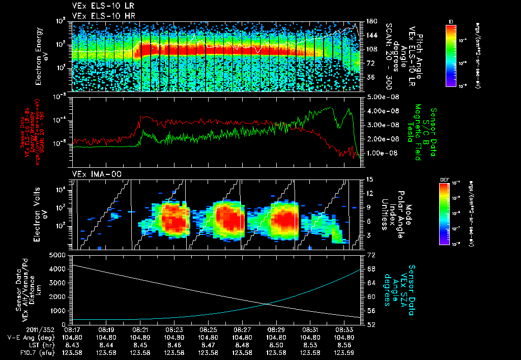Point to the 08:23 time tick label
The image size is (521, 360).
point(175,329)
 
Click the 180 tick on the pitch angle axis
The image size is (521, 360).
point(371,21)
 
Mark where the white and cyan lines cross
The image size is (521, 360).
point(268,304)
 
